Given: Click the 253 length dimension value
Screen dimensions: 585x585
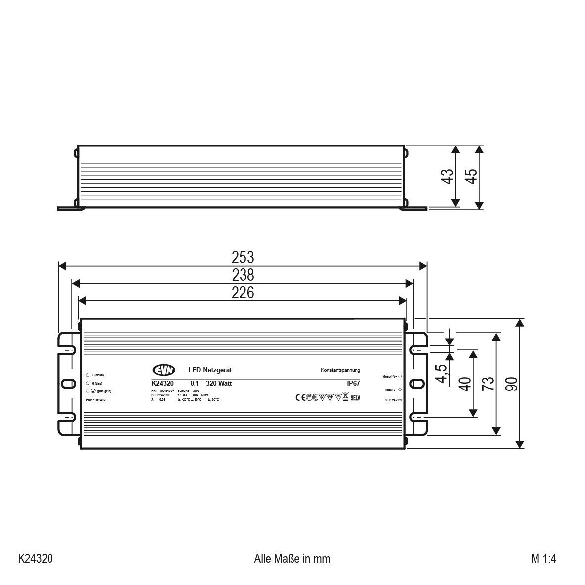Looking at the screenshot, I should [x=243, y=258].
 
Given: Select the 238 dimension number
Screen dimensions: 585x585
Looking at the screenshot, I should [x=243, y=275].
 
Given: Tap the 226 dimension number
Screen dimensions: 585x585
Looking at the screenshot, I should [x=243, y=292].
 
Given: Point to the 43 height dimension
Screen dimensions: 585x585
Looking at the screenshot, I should [x=447, y=176].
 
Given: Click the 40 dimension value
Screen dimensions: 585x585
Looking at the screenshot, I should [x=465, y=384].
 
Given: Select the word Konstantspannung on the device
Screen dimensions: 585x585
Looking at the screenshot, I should [x=341, y=370].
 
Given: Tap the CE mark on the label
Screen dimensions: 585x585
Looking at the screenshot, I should [x=300, y=397].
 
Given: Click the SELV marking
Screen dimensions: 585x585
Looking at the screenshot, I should [x=355, y=397].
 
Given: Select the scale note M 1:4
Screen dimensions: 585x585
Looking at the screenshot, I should [x=543, y=559].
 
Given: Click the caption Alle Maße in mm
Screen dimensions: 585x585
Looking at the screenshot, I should [x=292, y=559].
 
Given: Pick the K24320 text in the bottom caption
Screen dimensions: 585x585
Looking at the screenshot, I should [x=36, y=559].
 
